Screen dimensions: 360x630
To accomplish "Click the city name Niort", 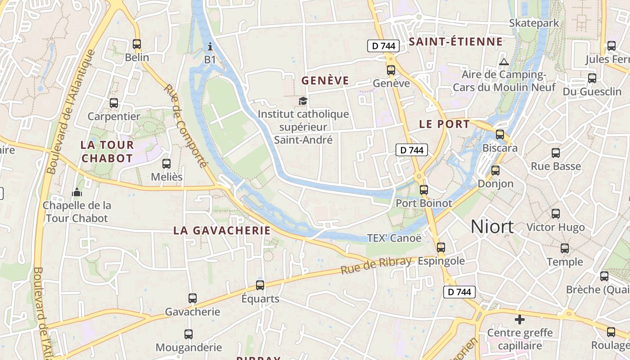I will tap(492, 227).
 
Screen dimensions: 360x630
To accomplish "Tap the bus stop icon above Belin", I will tap(137, 44).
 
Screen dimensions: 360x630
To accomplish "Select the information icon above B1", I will tap(210, 46).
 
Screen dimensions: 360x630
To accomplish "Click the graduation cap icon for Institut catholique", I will tap(303, 101).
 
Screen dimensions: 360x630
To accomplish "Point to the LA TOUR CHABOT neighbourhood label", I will tap(107, 152).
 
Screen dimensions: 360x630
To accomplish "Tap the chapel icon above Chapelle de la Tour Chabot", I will tap(77, 193).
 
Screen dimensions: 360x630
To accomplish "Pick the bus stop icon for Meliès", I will tap(166, 164).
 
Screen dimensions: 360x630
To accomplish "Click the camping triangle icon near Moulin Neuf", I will tap(504, 62).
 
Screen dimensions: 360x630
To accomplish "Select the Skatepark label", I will tap(534, 23).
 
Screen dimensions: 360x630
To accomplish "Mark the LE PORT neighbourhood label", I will tap(444, 124).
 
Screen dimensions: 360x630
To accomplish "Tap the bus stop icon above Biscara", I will tap(499, 134).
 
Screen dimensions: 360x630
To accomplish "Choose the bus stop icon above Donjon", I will tap(495, 171).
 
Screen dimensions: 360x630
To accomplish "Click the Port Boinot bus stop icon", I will tap(423, 190).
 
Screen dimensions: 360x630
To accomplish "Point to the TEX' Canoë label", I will tap(394, 238).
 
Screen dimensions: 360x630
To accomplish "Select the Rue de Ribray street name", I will tap(376, 266).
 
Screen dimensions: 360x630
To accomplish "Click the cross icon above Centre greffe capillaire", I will tap(520, 319).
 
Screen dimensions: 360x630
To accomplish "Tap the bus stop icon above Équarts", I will tap(260, 285).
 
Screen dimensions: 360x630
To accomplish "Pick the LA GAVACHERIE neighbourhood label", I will tap(222, 230).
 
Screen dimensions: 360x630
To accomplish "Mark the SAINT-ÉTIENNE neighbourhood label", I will tap(455, 42).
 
